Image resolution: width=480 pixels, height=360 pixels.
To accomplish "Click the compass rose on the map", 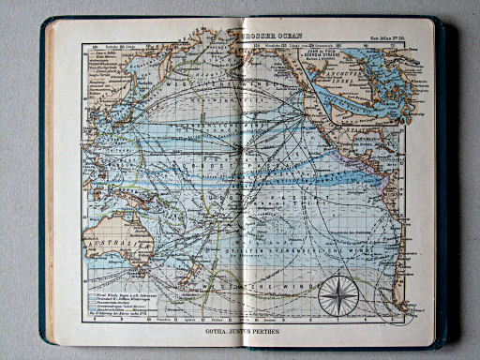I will [x=337, y=296].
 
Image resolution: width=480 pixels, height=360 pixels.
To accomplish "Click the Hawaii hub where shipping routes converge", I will [x=241, y=148].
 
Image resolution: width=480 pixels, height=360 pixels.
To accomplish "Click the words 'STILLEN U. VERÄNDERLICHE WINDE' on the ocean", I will [x=281, y=251].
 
